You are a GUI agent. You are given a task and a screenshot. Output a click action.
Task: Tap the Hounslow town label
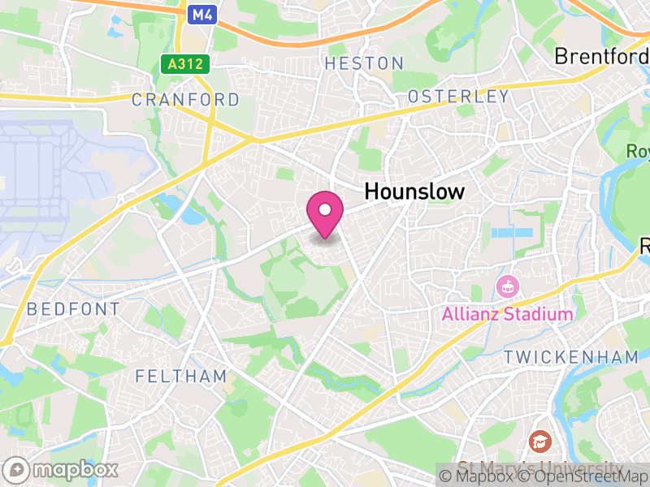pyautogui.click(x=414, y=192)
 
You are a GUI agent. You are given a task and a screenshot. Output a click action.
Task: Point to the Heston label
pyautogui.click(x=364, y=63)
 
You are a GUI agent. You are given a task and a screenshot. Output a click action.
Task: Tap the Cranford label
pyautogui.click(x=185, y=100)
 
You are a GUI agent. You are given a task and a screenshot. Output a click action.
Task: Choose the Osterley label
pyautogui.click(x=458, y=97)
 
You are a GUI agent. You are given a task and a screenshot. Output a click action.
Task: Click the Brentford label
pyautogui.click(x=601, y=56)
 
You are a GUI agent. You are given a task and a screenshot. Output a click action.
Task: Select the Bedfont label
pyautogui.click(x=73, y=309)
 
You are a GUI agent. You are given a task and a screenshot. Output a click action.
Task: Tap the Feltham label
pyautogui.click(x=181, y=377)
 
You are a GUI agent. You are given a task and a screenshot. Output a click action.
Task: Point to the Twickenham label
pyautogui.click(x=571, y=357)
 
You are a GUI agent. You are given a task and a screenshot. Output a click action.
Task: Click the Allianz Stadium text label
pyautogui.click(x=508, y=314)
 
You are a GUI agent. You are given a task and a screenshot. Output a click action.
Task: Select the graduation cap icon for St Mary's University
pyautogui.click(x=539, y=442)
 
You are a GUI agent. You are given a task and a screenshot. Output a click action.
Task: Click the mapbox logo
pyautogui.click(x=62, y=469)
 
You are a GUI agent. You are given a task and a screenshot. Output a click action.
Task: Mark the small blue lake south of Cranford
pyautogui.click(x=193, y=216)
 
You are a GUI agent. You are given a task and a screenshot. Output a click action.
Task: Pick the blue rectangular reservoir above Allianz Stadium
pyautogui.click(x=512, y=233)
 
